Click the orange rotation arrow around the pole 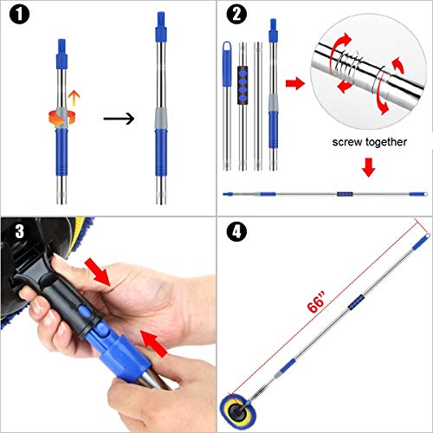61,116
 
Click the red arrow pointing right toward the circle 294,83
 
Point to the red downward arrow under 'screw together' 367,166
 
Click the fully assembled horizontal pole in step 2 325,193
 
